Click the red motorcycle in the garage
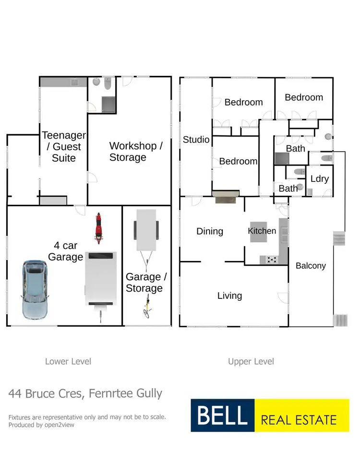(98, 228)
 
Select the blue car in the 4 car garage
(35, 290)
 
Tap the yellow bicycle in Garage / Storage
(147, 306)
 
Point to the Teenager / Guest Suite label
(64, 146)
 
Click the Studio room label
(196, 140)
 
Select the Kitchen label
(262, 231)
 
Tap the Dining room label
(210, 231)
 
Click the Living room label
(229, 296)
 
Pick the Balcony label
(311, 265)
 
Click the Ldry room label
(319, 179)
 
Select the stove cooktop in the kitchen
(269, 260)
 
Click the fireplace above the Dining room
(226, 196)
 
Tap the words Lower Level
(68, 361)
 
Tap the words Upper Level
(251, 361)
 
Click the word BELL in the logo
(222, 415)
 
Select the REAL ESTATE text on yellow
(299, 421)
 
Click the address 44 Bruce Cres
(45, 394)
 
